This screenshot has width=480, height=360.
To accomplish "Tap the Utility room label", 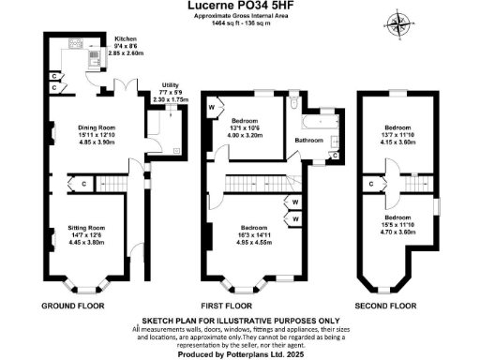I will coord(170,84).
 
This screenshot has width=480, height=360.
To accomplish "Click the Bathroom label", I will coord(308,141).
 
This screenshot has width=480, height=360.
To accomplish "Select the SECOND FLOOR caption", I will coord(384,306).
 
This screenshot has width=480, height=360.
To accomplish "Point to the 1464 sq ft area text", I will coord(240,23).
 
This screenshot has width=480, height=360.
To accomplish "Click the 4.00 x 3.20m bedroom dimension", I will coord(250,135).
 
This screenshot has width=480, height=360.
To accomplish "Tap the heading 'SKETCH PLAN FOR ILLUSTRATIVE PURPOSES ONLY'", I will coord(240,319).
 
